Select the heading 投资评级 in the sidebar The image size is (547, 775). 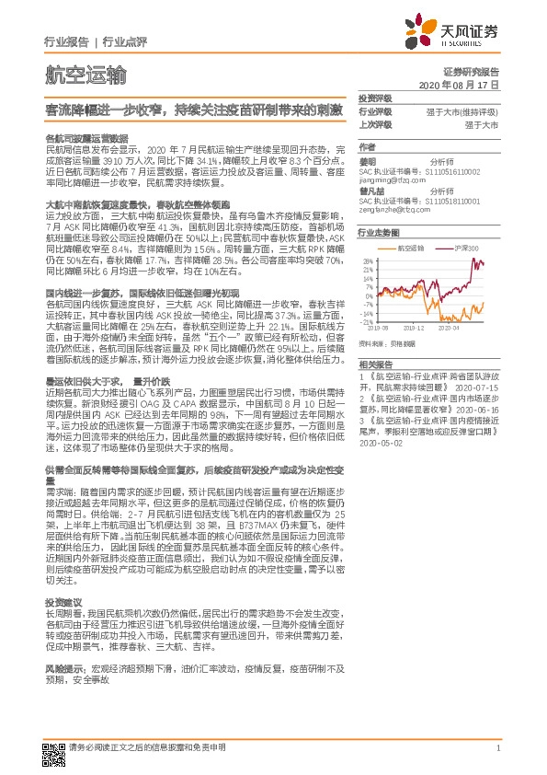tap(374, 98)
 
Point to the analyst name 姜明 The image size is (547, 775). tap(367, 159)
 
